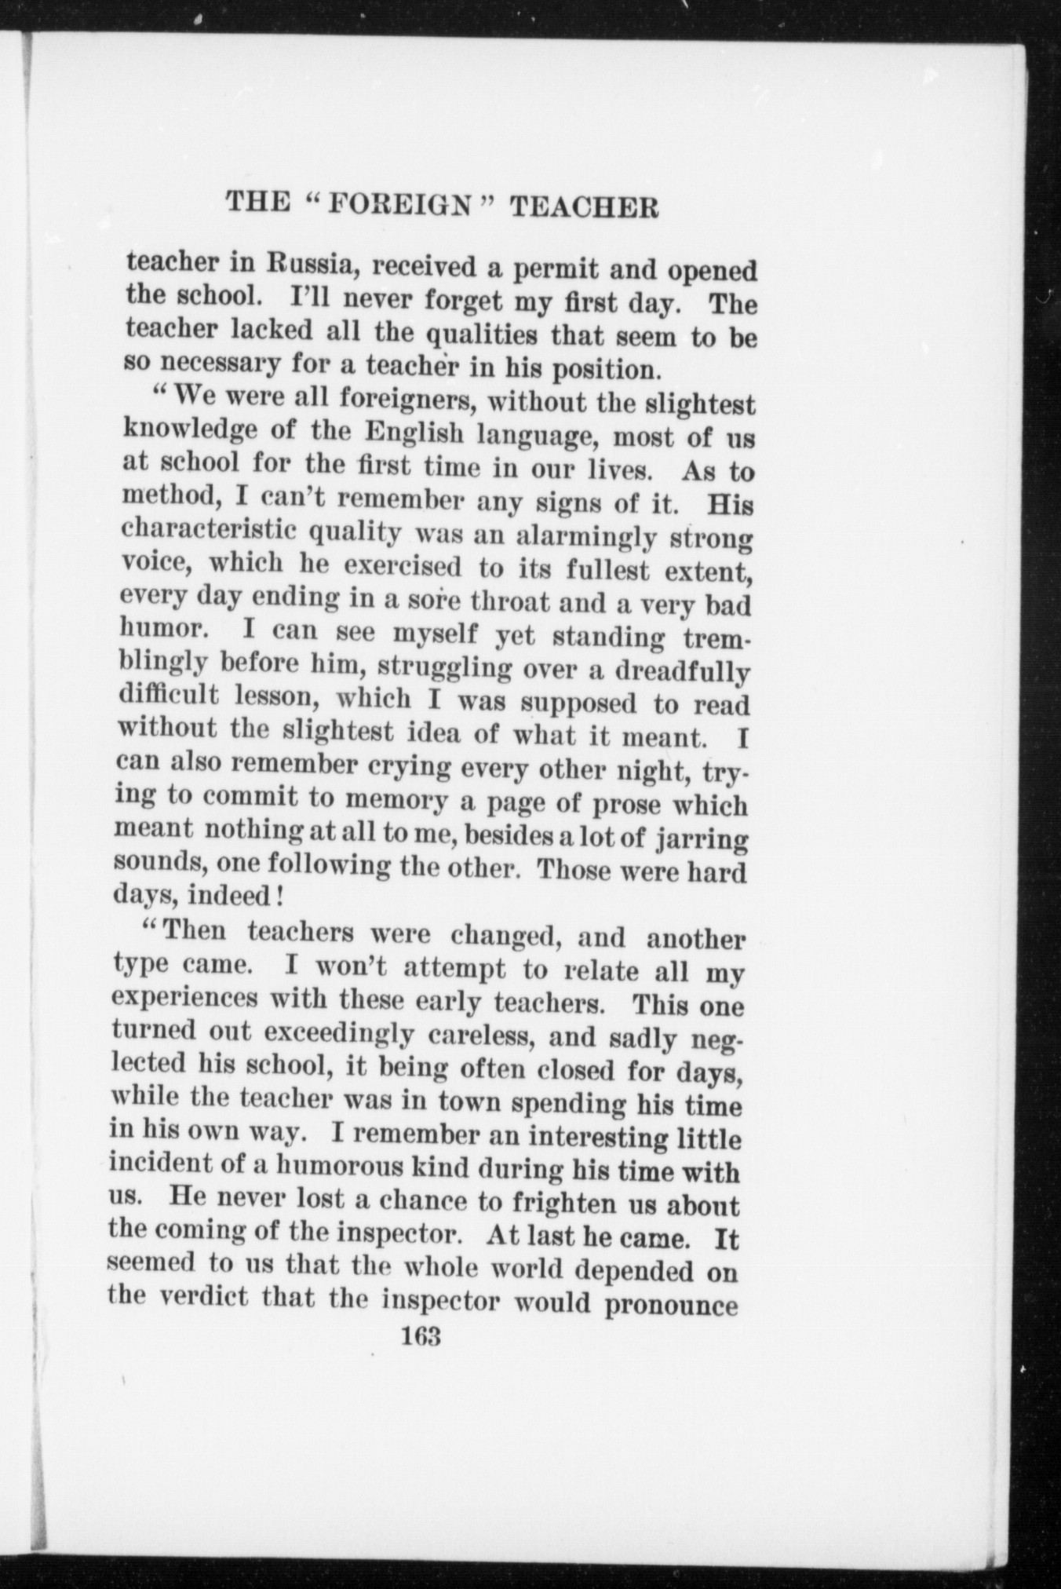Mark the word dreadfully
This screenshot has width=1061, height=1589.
point(683,672)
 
